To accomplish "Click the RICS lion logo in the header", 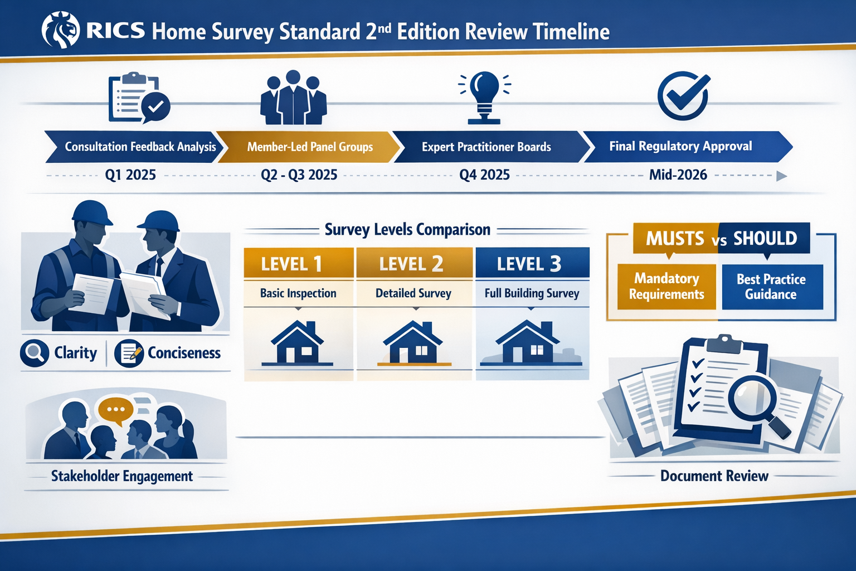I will point(61,31).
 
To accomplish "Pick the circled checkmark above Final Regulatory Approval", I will point(683,95).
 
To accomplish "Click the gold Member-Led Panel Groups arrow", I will point(309,147).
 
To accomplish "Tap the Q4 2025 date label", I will point(484,175).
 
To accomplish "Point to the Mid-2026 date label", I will point(678,175).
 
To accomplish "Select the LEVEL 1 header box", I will point(298,263).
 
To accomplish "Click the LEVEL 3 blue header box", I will point(532,263).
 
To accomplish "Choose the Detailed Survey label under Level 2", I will point(413,293).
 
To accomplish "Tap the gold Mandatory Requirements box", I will point(667,287).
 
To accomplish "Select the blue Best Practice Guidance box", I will point(771,287).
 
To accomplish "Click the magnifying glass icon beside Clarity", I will point(35,353).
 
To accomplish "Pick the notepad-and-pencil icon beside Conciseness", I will point(129,353).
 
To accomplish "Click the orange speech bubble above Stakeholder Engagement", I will point(115,410).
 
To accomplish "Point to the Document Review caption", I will point(714,476).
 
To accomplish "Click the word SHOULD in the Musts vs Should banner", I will point(765,239).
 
